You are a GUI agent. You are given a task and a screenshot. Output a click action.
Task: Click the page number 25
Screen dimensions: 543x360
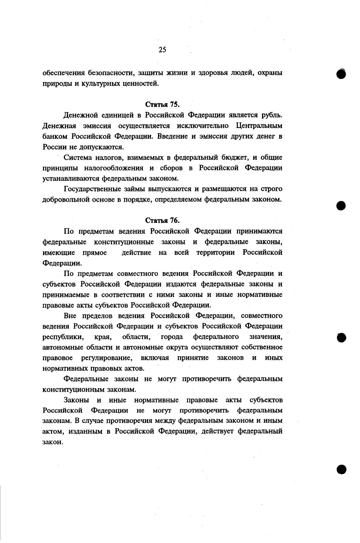pos(162,50)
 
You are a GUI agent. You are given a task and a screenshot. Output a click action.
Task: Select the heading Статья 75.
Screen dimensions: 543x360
pos(162,105)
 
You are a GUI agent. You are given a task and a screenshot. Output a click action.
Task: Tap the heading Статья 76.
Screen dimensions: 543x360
pos(162,220)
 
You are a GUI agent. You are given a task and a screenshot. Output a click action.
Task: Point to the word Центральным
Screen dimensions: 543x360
pos(259,126)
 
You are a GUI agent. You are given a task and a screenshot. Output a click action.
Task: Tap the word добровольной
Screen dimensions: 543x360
pos(66,199)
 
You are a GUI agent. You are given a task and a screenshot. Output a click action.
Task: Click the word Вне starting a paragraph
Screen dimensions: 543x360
pos(70,315)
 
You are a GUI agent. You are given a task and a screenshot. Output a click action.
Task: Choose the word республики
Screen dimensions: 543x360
pos(63,337)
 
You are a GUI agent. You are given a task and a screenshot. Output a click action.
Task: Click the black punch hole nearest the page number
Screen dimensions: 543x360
pos(341,74)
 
